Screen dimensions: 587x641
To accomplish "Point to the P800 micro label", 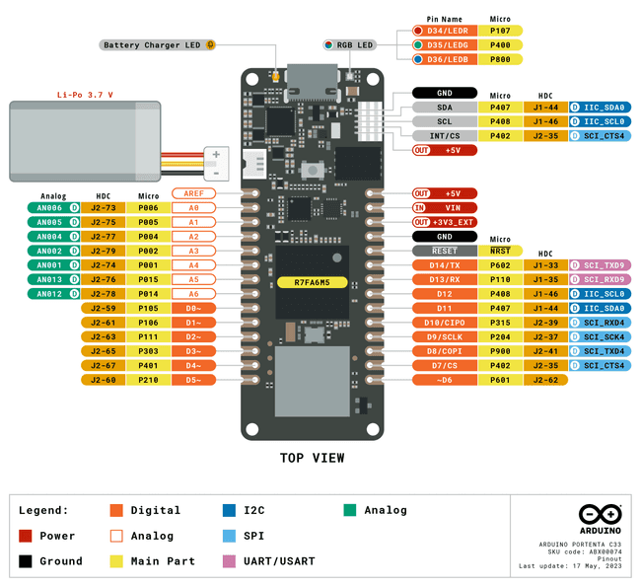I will [501, 59].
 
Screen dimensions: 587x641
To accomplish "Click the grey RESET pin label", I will [444, 251].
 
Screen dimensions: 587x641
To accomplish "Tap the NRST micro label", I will [501, 251].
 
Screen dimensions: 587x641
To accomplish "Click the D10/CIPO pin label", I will [444, 323].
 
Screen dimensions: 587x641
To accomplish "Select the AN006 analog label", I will [49, 208].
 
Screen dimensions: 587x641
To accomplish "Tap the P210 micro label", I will [149, 380].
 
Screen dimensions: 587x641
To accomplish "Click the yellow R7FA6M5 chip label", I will [312, 282].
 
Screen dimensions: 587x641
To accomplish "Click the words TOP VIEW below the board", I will [312, 458].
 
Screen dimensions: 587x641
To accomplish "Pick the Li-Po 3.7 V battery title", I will [85, 95].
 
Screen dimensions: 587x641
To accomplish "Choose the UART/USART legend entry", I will [282, 560].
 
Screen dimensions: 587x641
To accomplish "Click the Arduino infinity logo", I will [600, 516].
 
